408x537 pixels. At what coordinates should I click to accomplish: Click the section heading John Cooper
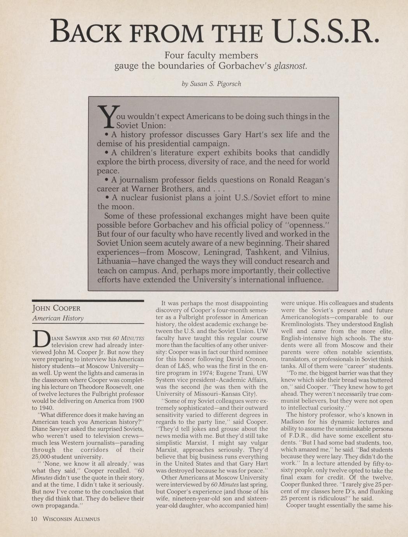(x=56, y=309)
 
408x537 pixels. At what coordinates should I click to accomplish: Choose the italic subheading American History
(x=58, y=319)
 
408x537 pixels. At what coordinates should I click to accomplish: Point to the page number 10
(x=34, y=519)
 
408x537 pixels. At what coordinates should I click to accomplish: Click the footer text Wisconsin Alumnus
(x=71, y=519)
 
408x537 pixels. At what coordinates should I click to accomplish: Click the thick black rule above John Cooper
(x=88, y=301)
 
